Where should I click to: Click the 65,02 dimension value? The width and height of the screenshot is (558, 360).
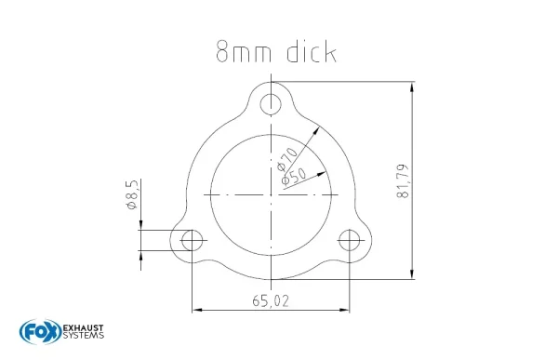tap(271, 301)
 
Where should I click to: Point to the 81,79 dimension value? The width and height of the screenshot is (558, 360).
tap(403, 180)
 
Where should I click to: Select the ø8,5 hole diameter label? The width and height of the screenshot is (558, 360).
tap(131, 194)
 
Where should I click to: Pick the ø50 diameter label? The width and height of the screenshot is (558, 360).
tap(294, 177)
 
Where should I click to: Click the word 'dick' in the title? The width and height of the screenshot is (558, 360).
tap(312, 52)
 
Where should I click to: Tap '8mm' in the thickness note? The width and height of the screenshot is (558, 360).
tap(244, 52)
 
